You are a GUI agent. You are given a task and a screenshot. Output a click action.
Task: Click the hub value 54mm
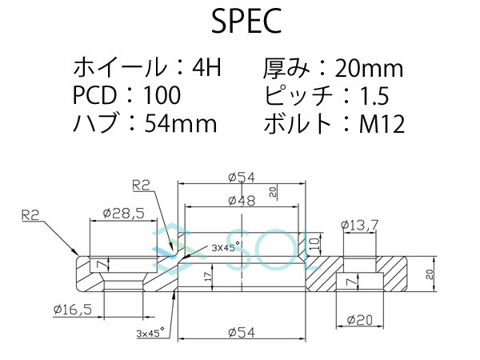180,124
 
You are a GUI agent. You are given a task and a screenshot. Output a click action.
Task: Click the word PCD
94,96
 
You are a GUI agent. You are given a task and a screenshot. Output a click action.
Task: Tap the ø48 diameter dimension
242,200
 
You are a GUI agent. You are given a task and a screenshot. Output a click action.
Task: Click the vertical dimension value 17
208,277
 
